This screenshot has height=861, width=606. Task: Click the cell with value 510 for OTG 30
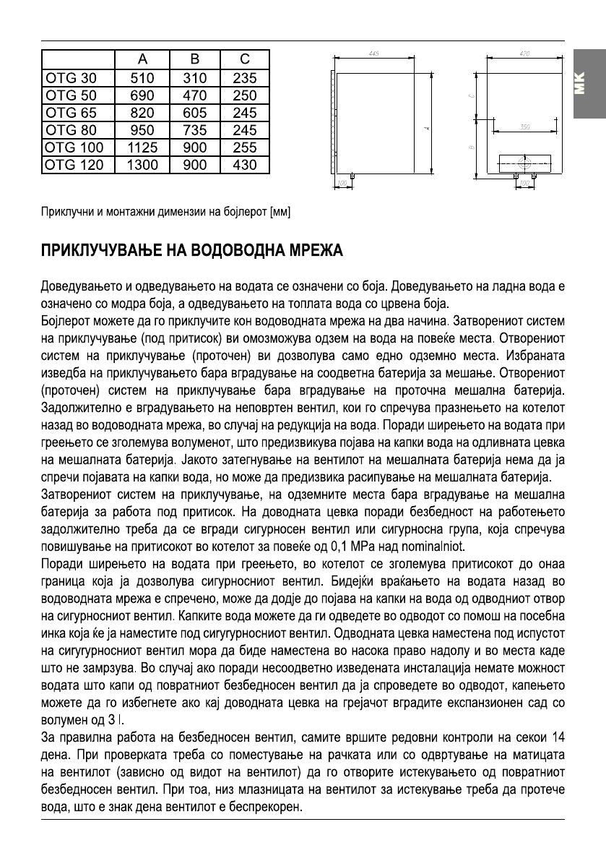tap(142, 78)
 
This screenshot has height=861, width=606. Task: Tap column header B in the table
tap(195, 60)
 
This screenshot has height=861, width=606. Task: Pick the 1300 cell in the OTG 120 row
tap(142, 165)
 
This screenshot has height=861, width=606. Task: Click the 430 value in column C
tap(245, 165)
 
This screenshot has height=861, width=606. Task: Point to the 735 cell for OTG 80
tap(195, 130)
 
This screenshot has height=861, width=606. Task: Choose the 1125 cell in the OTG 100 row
tap(142, 147)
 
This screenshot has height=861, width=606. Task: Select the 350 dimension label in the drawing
tap(526, 127)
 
